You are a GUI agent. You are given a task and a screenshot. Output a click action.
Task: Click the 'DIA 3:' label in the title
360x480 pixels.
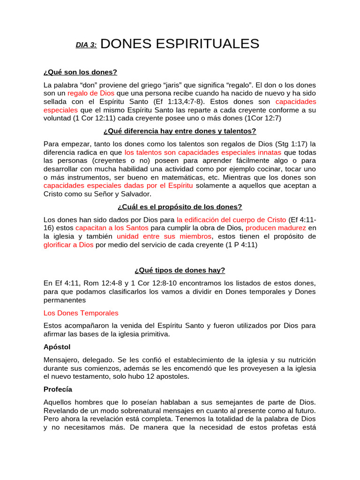tap(86, 45)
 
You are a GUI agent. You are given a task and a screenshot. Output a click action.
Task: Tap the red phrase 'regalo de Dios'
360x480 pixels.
tap(91, 93)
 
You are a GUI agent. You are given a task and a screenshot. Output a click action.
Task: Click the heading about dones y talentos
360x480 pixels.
tap(180, 131)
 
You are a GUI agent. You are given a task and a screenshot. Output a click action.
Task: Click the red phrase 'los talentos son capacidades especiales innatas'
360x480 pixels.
tap(203, 152)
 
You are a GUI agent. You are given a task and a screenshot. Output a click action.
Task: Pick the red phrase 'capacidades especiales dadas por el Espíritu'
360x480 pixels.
tap(118, 186)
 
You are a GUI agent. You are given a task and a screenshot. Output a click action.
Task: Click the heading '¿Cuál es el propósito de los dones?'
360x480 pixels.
tap(180, 207)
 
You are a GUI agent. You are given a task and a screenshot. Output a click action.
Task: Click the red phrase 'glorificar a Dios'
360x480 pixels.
tap(68, 245)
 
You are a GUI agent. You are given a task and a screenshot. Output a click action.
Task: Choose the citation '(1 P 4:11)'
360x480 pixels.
tap(241, 245)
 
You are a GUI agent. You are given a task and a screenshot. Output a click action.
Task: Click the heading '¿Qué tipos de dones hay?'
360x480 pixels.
tap(180, 270)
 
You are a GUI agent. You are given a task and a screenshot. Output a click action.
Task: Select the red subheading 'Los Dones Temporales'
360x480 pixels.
tap(81, 313)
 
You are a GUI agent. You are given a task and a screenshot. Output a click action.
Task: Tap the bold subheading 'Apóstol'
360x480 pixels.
tap(57, 347)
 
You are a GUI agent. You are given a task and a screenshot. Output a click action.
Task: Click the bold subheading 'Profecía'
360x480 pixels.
tap(58, 389)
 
